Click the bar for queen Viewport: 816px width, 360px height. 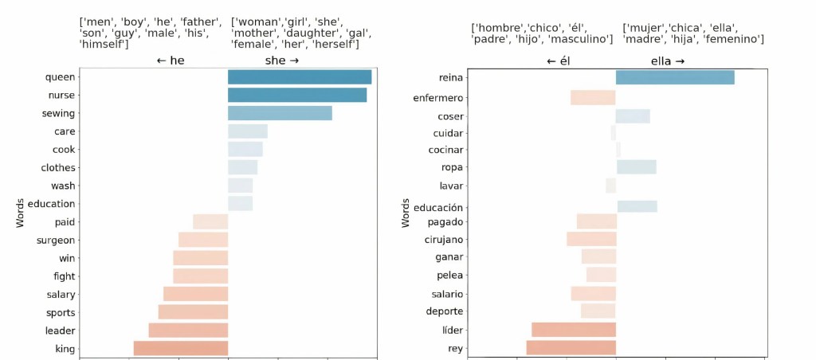[300, 77]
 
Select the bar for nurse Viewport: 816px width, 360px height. [297, 95]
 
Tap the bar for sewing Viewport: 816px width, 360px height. [280, 113]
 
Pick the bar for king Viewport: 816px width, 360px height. [181, 348]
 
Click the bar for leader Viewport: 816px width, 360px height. [188, 330]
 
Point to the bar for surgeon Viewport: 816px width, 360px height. [203, 240]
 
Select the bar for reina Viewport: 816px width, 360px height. [675, 77]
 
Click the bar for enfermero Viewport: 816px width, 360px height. [593, 98]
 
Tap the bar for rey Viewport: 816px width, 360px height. [571, 348]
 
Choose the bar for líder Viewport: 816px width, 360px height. [574, 330]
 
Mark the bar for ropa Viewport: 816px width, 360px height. [636, 167]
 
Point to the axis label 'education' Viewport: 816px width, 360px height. [51, 204]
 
